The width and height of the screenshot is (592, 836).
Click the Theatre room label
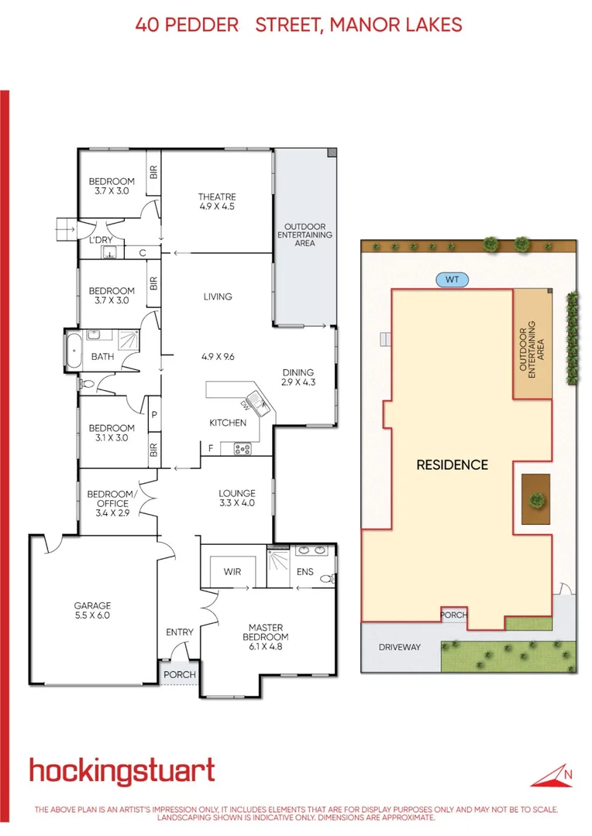click(x=216, y=201)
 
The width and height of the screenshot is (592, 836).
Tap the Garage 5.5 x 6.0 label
click(x=93, y=611)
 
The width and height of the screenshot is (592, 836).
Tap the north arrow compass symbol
click(x=556, y=775)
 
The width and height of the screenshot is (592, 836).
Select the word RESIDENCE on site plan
click(x=452, y=465)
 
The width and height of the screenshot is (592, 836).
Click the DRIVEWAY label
click(x=400, y=646)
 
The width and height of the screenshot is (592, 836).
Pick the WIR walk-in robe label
click(x=232, y=572)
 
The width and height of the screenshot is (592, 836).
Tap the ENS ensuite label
click(x=305, y=572)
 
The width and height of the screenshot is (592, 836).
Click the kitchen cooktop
click(x=241, y=447)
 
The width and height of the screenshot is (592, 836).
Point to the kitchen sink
click(x=258, y=406)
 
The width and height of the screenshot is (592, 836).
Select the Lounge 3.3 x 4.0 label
click(x=236, y=498)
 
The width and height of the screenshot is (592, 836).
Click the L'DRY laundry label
click(x=101, y=240)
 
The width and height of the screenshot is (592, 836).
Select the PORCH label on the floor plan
click(x=180, y=674)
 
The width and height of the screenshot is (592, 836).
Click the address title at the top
click(x=298, y=25)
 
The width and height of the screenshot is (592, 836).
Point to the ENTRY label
click(x=180, y=632)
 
